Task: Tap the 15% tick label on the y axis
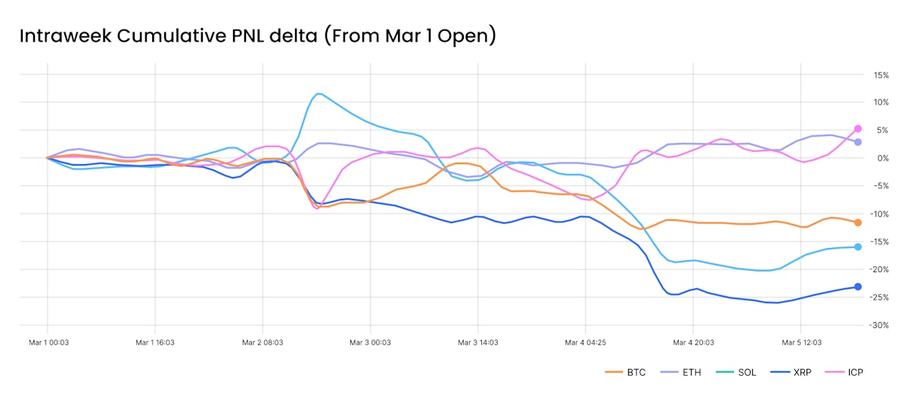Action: click(881, 75)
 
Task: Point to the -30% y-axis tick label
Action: click(880, 325)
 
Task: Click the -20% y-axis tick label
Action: click(880, 269)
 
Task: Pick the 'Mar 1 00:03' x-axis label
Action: click(47, 343)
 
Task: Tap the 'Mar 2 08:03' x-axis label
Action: click(263, 343)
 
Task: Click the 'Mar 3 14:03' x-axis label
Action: click(477, 343)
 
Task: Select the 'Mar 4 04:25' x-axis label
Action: click(586, 343)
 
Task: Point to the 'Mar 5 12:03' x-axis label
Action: click(801, 343)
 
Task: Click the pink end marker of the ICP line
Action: click(858, 129)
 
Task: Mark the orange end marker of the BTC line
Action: click(858, 222)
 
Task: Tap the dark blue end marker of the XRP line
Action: click(858, 287)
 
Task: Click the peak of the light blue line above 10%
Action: click(318, 94)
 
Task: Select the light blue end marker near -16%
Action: click(858, 247)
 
